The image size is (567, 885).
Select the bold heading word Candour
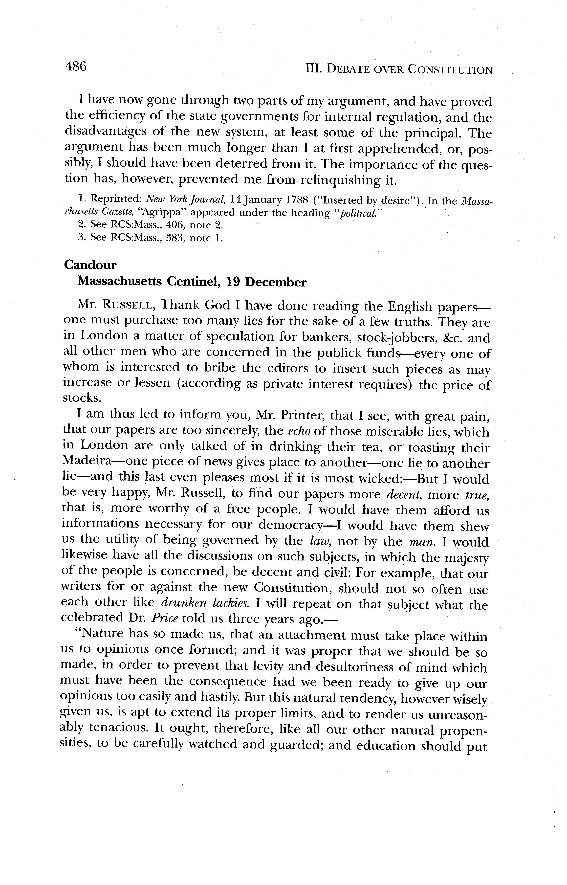click(x=90, y=265)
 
